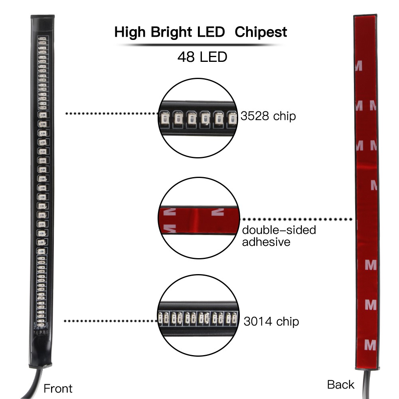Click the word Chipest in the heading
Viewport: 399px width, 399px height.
(x=261, y=32)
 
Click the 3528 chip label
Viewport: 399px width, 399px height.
(x=268, y=116)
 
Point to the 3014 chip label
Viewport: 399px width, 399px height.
(x=271, y=321)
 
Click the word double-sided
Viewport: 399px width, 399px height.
(x=279, y=230)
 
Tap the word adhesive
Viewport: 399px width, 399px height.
(x=266, y=242)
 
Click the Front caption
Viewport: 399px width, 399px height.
(x=58, y=388)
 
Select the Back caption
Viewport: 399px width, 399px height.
(x=340, y=385)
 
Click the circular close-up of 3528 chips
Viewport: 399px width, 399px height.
(x=198, y=116)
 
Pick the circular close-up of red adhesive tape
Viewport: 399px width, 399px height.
(x=198, y=219)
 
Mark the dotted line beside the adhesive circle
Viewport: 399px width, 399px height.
(x=297, y=219)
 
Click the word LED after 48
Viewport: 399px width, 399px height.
(x=213, y=57)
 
